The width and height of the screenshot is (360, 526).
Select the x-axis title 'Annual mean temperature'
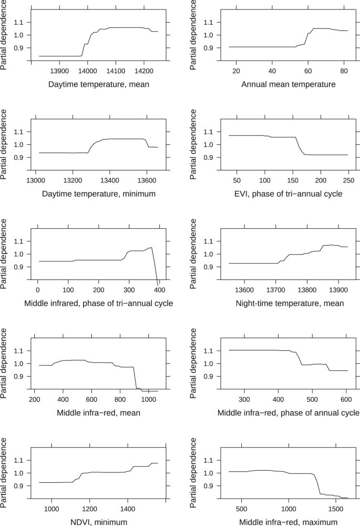288,84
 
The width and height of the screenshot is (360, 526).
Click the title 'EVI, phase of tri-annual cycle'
288,194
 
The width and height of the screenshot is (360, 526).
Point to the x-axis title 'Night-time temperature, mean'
288,303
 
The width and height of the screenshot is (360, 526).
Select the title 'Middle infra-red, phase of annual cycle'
288,412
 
